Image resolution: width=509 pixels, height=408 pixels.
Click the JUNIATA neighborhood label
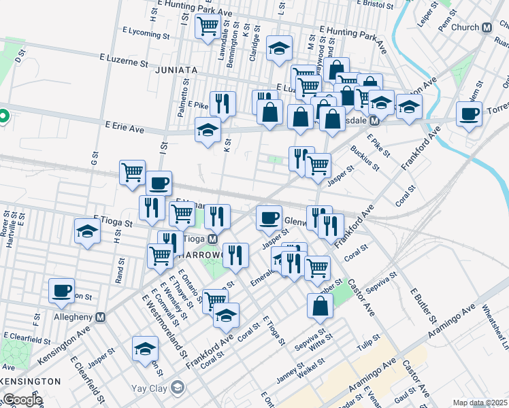click(x=176, y=70)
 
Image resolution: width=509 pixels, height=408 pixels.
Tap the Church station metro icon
click(x=487, y=28)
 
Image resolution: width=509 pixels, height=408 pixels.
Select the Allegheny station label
click(x=74, y=318)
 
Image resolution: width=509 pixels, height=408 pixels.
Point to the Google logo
click(x=22, y=400)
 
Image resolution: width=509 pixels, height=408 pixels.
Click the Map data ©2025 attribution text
click(x=480, y=403)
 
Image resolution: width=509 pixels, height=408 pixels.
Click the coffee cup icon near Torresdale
click(x=469, y=114)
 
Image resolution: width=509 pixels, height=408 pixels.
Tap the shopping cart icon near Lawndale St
click(x=208, y=26)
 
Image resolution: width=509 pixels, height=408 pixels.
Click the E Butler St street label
click(x=423, y=303)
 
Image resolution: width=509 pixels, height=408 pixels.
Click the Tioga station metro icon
click(x=212, y=239)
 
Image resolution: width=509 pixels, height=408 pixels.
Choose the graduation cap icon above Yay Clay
click(x=144, y=348)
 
